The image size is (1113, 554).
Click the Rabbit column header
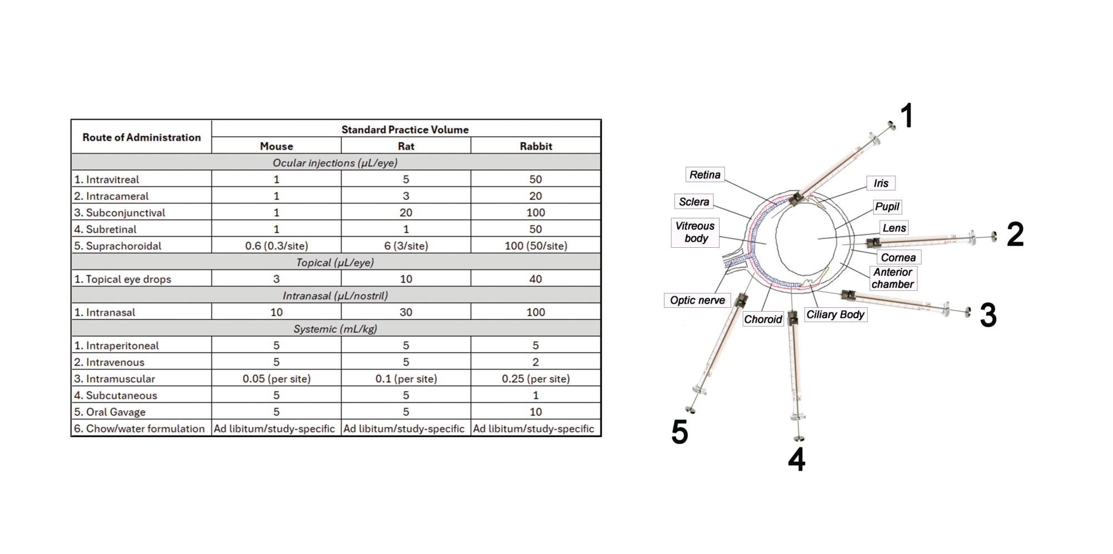(x=535, y=146)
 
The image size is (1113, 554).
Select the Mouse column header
(x=276, y=146)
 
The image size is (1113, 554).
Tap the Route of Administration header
(x=141, y=137)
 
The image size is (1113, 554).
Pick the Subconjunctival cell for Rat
(x=406, y=212)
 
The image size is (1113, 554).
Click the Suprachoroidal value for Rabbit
(x=535, y=246)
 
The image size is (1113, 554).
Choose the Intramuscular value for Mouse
(x=276, y=379)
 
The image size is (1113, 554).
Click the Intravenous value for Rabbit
(x=535, y=362)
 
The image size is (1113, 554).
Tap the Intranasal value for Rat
(x=406, y=312)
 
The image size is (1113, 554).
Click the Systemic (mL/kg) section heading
(x=336, y=329)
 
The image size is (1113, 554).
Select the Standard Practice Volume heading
(x=405, y=129)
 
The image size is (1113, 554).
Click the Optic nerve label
(x=697, y=300)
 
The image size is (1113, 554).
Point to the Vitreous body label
(x=695, y=232)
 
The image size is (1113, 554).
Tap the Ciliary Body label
(x=835, y=315)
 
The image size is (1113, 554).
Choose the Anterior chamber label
(x=892, y=278)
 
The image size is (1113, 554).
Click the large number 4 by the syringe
(x=796, y=460)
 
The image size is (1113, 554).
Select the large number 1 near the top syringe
(x=907, y=116)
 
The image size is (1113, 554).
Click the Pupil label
(x=887, y=207)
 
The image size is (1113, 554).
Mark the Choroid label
(x=763, y=319)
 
